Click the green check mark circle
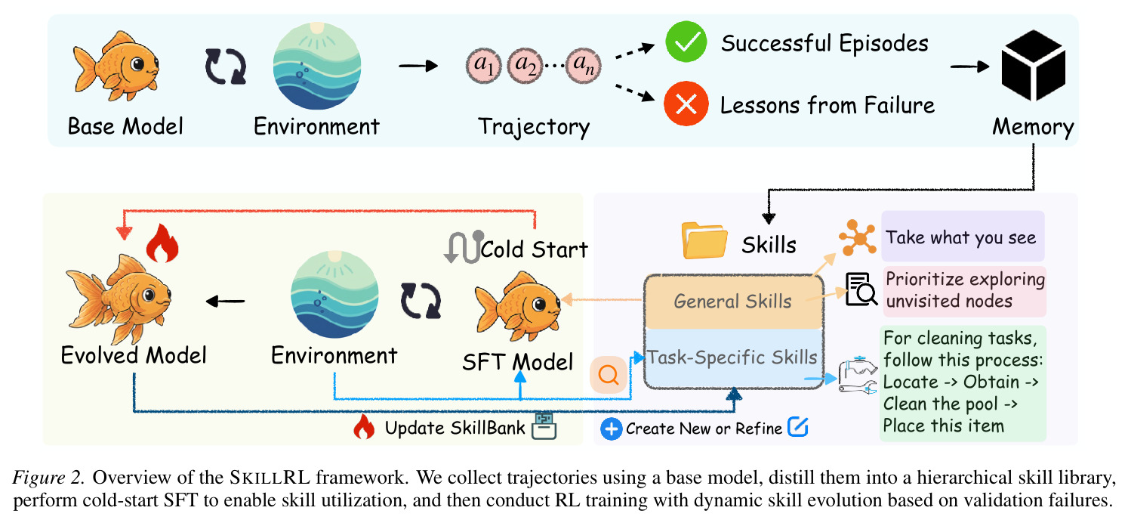(686, 42)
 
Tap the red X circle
(686, 104)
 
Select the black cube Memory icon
(1034, 66)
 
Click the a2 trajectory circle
(525, 66)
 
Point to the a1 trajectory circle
(483, 66)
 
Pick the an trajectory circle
(583, 66)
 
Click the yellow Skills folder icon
(704, 240)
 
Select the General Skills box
(734, 302)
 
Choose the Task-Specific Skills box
(734, 358)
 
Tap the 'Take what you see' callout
(963, 237)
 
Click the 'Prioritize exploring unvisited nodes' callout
(964, 291)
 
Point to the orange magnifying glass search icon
(609, 375)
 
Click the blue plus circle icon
(612, 429)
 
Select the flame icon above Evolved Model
(162, 243)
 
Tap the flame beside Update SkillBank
(364, 427)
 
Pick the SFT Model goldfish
(517, 306)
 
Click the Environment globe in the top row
(317, 66)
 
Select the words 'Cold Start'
(535, 249)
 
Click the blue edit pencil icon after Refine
(798, 427)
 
